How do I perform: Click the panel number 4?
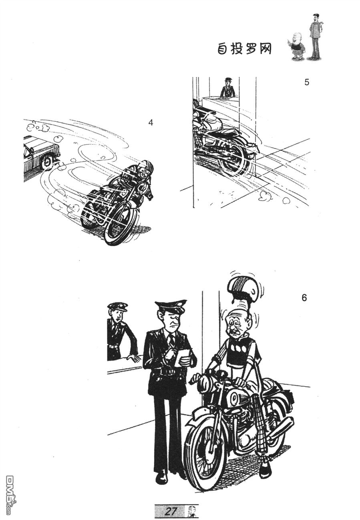(x=151, y=122)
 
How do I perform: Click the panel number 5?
(x=307, y=82)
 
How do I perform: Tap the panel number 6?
(x=304, y=297)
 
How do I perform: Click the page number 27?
(x=171, y=511)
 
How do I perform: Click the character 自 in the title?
(x=223, y=49)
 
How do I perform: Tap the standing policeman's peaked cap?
(x=171, y=305)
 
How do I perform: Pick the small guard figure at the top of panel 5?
(x=227, y=88)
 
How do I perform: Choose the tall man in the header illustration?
(x=315, y=36)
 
